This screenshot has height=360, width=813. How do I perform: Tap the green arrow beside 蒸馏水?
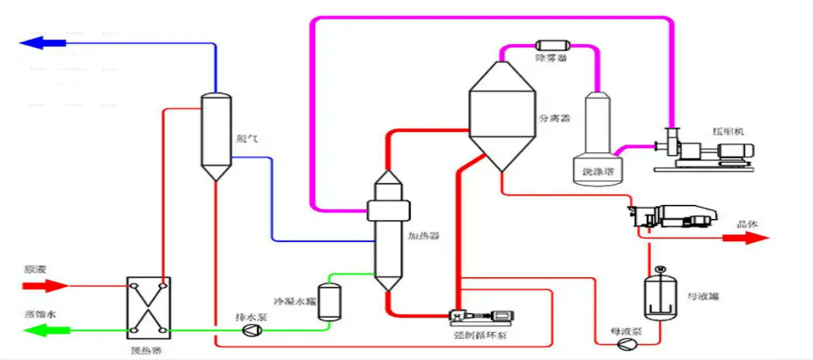pyautogui.click(x=44, y=331)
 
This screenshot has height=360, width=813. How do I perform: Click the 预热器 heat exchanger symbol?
pyautogui.click(x=147, y=306)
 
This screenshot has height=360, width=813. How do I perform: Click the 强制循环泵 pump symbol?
pyautogui.click(x=476, y=315)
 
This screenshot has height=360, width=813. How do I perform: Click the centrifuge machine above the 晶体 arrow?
pyautogui.click(x=672, y=217)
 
